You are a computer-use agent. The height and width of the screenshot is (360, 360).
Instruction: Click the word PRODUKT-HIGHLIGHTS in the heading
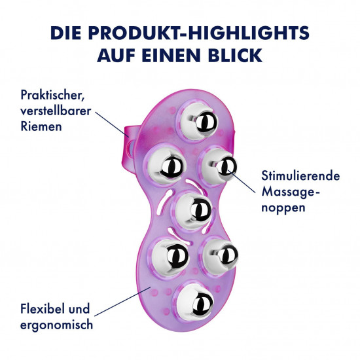[199, 33]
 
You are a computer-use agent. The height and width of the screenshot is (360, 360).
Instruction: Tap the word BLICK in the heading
[235, 56]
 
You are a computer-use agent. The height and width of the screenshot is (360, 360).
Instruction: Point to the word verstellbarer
[56, 111]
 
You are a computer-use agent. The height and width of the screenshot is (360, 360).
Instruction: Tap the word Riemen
[41, 126]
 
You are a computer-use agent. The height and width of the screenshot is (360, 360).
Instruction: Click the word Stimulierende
[300, 175]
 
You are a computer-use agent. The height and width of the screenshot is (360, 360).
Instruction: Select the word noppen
[283, 208]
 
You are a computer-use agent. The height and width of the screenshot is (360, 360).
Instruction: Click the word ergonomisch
[57, 325]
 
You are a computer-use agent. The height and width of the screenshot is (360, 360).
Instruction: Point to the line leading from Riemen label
[113, 125]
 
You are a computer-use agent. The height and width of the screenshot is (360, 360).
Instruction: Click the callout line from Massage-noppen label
[241, 181]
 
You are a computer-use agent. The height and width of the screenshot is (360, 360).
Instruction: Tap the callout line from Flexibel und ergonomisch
[122, 301]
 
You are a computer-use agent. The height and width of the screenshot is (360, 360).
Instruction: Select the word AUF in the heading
[117, 56]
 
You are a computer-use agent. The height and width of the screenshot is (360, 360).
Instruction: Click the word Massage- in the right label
[291, 192]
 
